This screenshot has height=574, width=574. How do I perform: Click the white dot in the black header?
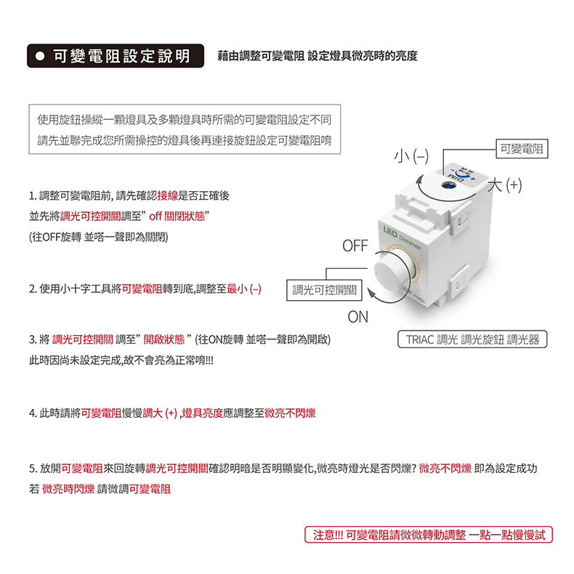(40, 56)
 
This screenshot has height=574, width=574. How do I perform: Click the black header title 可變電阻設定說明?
(122, 56)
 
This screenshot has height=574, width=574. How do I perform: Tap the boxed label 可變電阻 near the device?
(522, 149)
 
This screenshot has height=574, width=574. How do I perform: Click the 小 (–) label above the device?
(411, 156)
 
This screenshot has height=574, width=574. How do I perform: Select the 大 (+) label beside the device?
(505, 185)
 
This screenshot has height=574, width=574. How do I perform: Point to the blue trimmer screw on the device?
(446, 185)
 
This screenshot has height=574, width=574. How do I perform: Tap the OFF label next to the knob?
(355, 246)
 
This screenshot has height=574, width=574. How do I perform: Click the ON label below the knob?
(358, 317)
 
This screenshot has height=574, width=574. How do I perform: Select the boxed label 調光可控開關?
(324, 291)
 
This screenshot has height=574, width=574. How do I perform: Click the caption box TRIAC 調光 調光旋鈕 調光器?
(472, 339)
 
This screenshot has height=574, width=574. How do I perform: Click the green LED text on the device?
(390, 232)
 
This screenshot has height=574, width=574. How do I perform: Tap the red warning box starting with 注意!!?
(429, 535)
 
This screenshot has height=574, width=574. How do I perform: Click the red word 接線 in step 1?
(167, 196)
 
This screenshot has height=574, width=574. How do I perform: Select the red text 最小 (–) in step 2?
(244, 289)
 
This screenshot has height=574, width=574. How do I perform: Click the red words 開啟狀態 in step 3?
(164, 339)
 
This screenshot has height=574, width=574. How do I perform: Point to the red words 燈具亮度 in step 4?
(203, 413)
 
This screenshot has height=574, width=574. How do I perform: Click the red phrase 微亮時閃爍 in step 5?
(68, 489)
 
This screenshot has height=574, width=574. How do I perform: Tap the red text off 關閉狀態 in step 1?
(177, 217)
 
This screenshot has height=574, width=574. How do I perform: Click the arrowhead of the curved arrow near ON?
(371, 294)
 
